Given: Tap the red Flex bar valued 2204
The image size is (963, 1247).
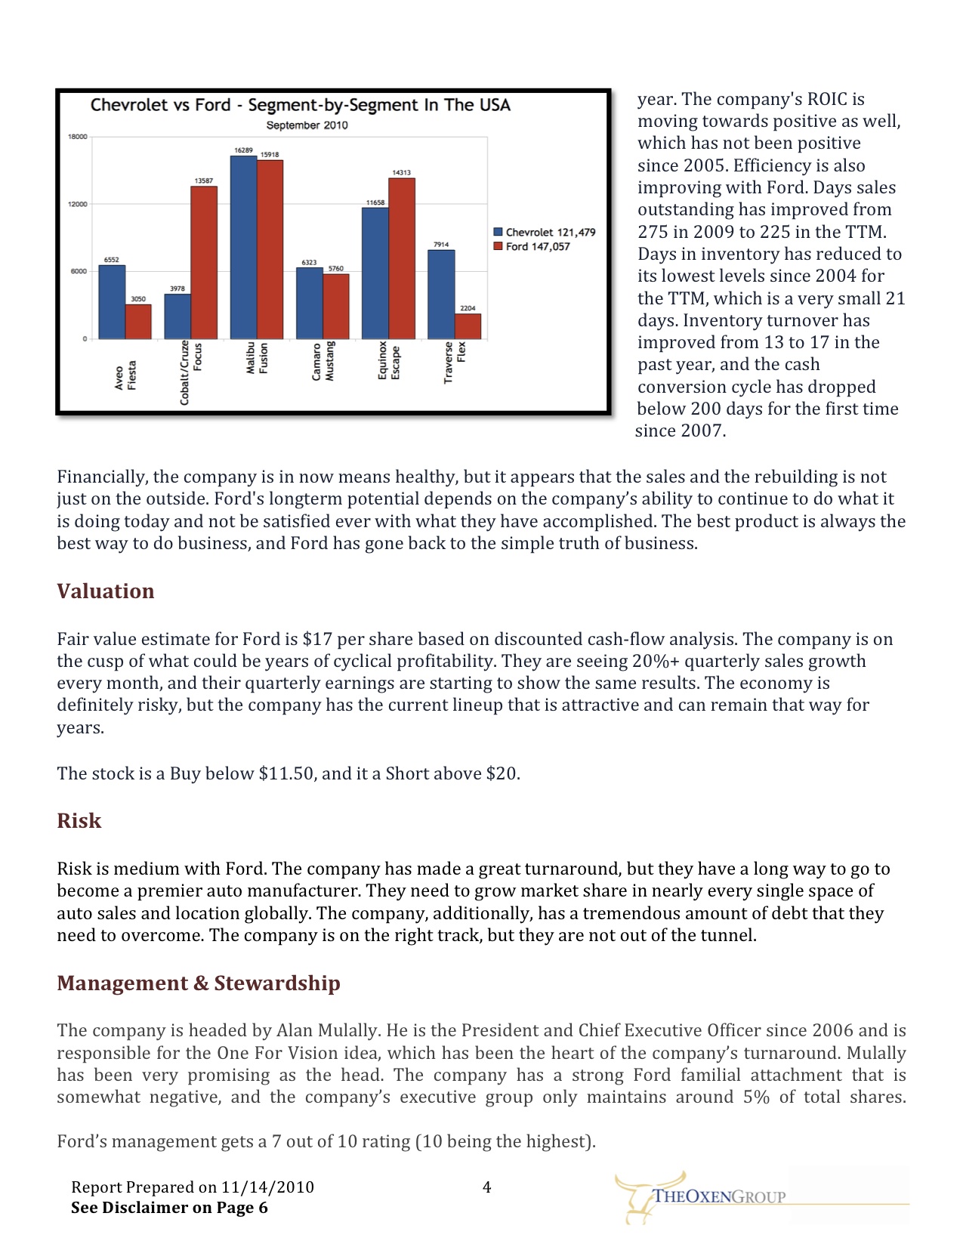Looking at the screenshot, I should pos(468,326).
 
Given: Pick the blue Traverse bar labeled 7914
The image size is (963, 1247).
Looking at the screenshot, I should pos(441,294).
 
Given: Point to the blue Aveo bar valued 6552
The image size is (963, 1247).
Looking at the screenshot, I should pos(112,302).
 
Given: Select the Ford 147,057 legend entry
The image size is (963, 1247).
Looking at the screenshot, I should pos(532,247).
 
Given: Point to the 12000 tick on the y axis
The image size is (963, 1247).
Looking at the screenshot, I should pos(79,204).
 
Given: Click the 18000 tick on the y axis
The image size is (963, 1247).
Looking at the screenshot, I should pos(79,137).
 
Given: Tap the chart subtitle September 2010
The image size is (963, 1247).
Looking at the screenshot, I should pos(307,125).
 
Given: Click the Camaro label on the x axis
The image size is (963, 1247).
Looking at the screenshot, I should pos(316,363).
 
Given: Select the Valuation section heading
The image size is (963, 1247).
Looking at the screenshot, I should pos(106,591).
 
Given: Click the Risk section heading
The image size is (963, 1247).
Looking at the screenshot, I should pos(79,821).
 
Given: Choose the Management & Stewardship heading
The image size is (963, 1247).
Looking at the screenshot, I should pos(199,983).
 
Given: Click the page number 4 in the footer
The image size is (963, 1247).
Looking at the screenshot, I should pos(487,1187).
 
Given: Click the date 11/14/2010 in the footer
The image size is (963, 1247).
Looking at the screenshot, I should pos(267,1187).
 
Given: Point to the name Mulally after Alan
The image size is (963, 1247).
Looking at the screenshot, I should pos(345,1031).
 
